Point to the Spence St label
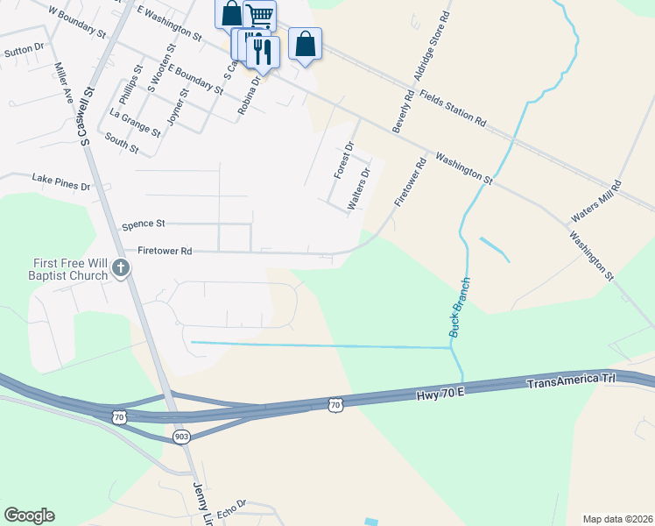point(144,224)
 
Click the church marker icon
point(120,270)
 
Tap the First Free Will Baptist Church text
point(58,268)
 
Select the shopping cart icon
point(259,15)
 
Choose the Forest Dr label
point(343,160)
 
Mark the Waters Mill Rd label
point(595,203)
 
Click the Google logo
point(29,515)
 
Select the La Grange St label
point(135,124)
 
